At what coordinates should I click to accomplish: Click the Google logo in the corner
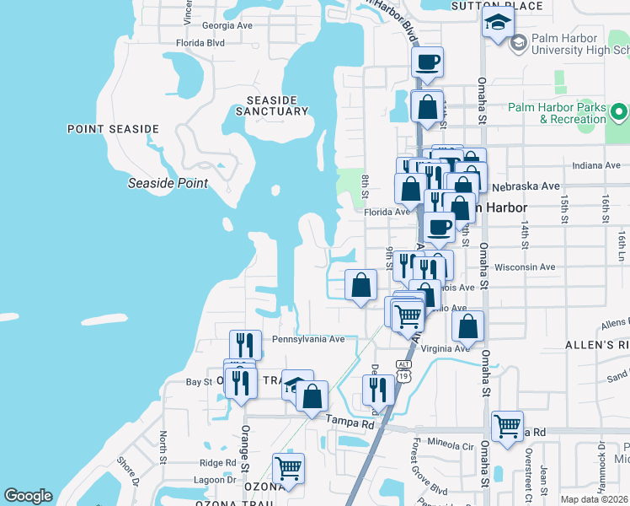coord(28,496)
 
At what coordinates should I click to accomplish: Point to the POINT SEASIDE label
coord(113,129)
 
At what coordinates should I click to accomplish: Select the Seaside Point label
coord(168,183)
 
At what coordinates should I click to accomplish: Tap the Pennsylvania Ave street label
coord(309,339)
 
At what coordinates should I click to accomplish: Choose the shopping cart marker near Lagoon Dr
coord(289,469)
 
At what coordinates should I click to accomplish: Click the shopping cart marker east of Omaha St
coord(507,426)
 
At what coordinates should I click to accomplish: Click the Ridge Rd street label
coord(217,463)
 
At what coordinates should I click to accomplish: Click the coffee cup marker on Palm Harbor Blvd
coord(427,62)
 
